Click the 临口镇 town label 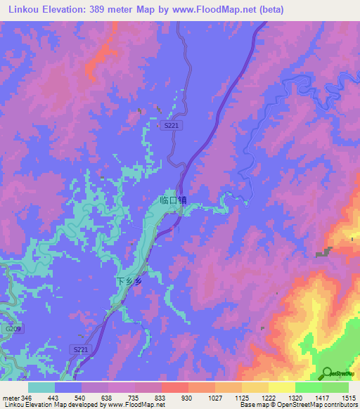tap(173, 200)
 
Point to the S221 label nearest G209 tap(81, 349)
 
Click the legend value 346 tap(27, 398)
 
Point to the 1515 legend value tap(349, 398)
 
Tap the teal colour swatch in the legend tap(41, 387)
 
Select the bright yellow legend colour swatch tap(282, 387)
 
